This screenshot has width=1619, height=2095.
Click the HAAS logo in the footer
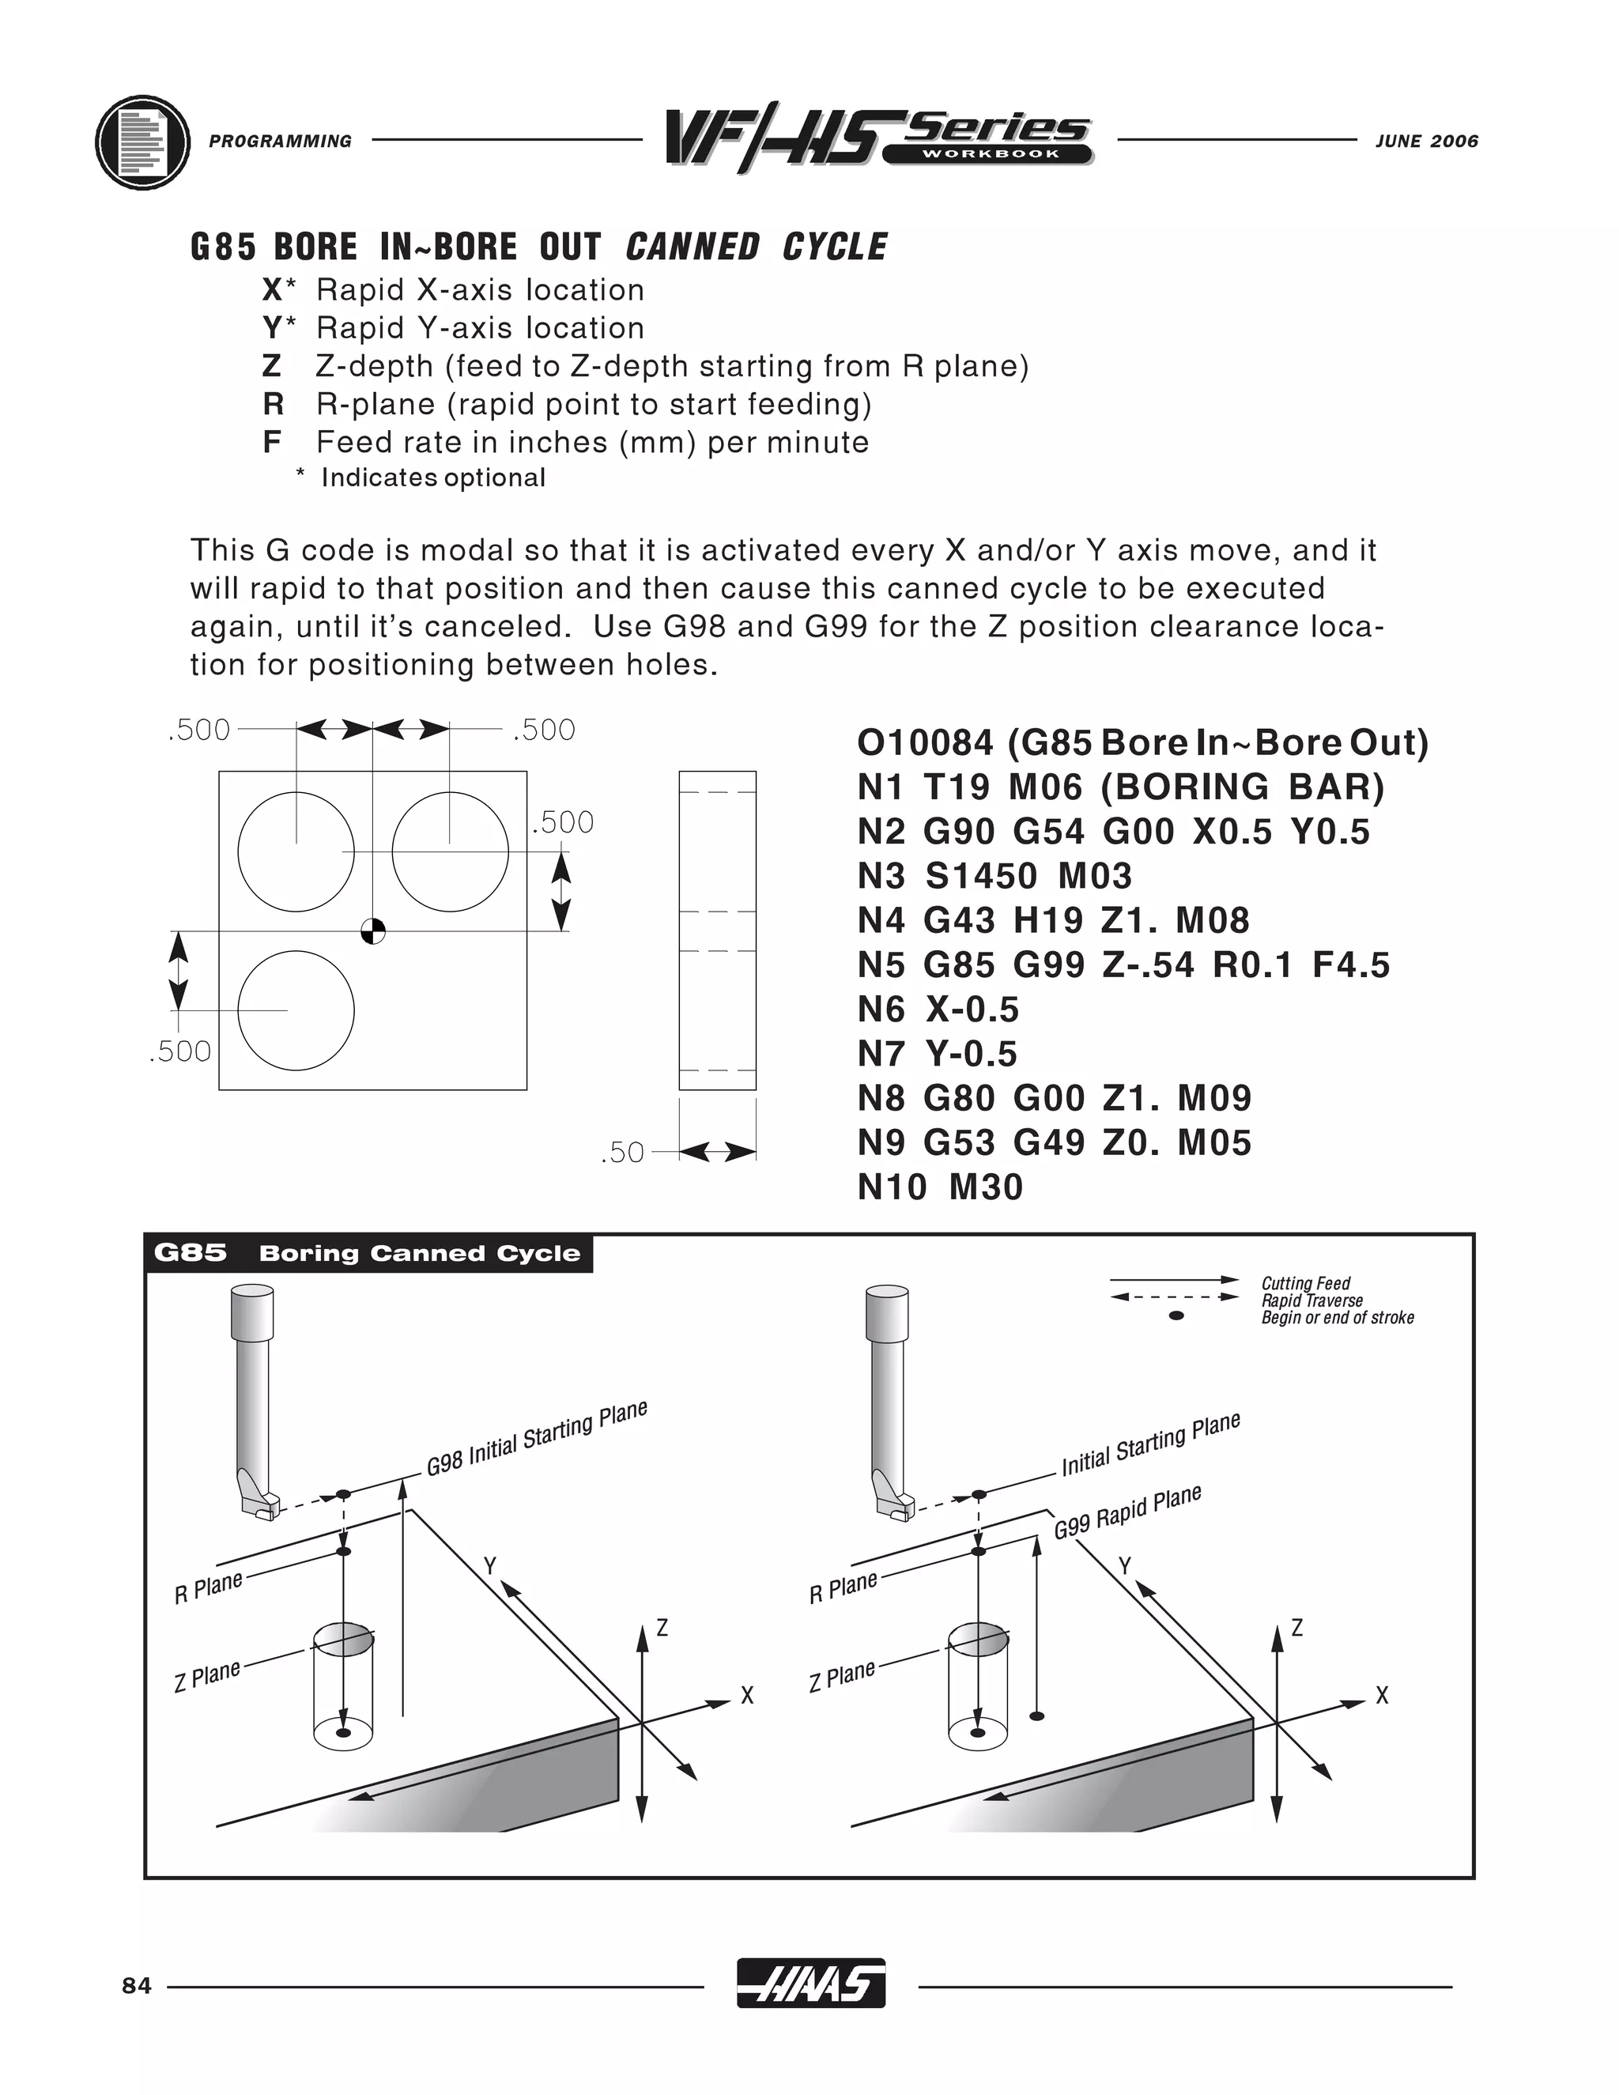point(810,1982)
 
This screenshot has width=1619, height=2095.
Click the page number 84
point(137,1986)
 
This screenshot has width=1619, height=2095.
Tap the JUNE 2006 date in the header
point(1426,141)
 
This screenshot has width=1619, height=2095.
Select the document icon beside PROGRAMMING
point(142,142)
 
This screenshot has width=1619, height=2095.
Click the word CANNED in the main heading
point(692,247)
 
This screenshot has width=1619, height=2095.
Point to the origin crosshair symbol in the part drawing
point(373,930)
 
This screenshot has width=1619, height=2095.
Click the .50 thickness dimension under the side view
point(621,1152)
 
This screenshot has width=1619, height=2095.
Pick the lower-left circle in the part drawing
point(296,1010)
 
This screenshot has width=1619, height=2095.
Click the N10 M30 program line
point(940,1187)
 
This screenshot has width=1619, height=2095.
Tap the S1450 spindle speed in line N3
point(980,876)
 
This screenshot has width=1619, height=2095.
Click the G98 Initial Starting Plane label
point(537,1438)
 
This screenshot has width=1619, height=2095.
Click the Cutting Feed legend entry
point(1304,1283)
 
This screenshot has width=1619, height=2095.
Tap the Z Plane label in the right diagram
point(842,1676)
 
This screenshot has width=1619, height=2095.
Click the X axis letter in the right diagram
point(1381,1696)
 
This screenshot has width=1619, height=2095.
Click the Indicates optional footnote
point(432,478)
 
